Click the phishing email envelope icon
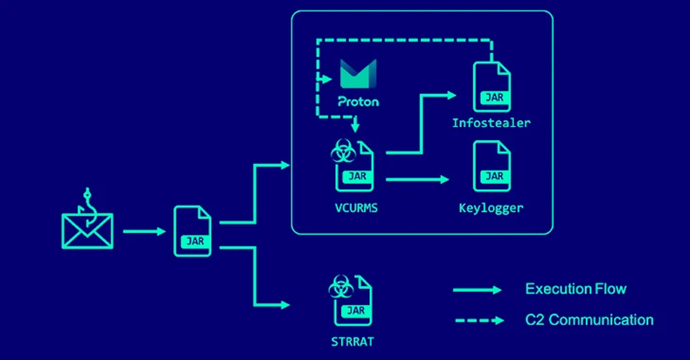[87, 231]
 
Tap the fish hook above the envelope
[88, 201]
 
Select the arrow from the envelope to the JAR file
[144, 232]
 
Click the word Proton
[358, 102]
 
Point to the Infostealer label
[491, 123]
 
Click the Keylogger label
[491, 208]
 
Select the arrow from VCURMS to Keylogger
[417, 180]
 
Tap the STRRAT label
[352, 342]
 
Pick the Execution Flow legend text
[576, 289]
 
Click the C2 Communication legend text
[589, 320]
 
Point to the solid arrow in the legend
[477, 290]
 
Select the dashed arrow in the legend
[477, 320]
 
